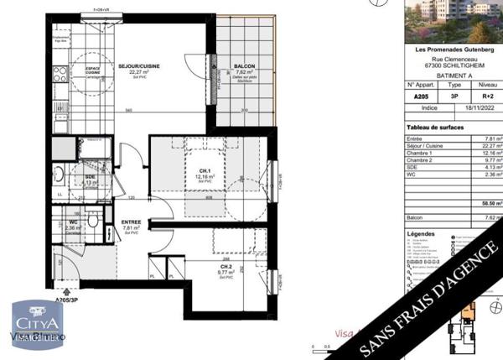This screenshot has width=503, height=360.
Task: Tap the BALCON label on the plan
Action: click(x=246, y=66)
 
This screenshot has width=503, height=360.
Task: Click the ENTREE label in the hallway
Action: click(x=131, y=222)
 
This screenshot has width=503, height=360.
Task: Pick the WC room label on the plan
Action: click(x=73, y=222)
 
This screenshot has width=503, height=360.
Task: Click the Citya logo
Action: click(x=36, y=323)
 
